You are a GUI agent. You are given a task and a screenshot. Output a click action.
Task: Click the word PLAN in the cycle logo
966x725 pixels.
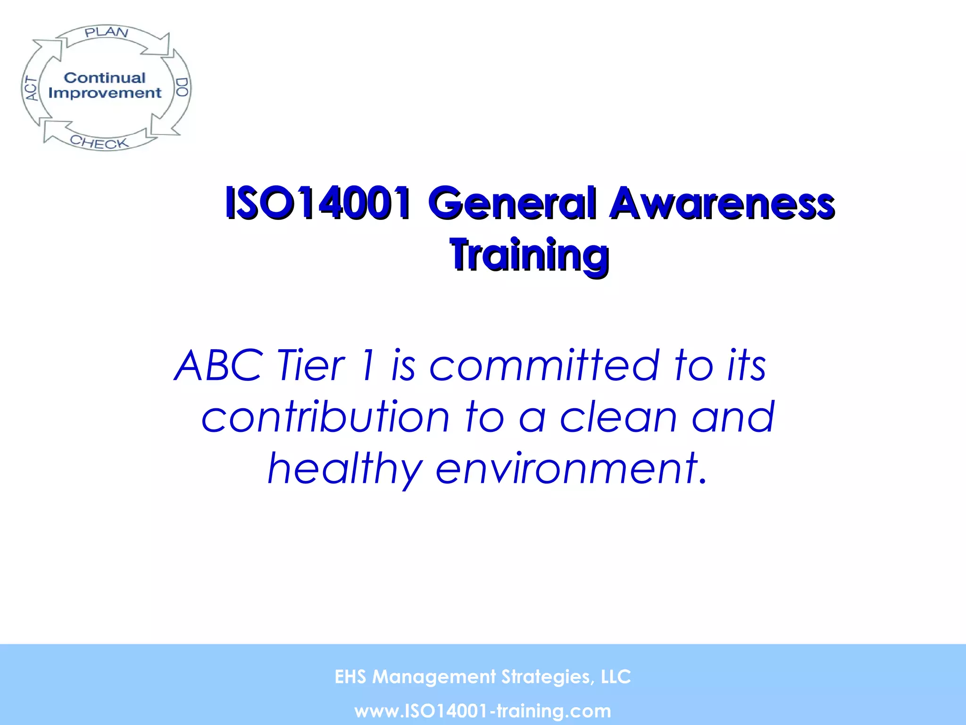(x=107, y=32)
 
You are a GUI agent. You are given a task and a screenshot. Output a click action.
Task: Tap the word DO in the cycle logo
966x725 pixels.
(x=182, y=87)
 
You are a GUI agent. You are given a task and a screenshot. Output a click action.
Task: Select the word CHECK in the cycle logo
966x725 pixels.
(x=99, y=142)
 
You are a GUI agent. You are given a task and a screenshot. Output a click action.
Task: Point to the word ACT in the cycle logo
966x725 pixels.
(x=31, y=89)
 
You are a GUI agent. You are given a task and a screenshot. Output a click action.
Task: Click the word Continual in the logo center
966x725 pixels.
(x=105, y=77)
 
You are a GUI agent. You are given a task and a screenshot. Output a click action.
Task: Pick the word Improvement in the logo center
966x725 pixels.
(x=105, y=93)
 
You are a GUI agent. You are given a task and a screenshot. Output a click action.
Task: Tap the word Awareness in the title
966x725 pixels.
(x=722, y=203)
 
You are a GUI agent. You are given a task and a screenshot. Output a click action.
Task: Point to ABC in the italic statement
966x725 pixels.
(x=219, y=365)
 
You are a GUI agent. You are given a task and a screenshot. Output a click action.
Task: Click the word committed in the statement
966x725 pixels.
(x=543, y=365)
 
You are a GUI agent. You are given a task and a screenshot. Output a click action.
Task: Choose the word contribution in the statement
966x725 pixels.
(x=325, y=417)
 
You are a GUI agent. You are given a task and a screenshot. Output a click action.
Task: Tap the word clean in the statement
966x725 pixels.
(x=618, y=417)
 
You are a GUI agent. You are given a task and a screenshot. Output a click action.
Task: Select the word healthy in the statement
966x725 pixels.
(x=344, y=469)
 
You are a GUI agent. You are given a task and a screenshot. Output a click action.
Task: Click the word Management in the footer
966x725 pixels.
(x=434, y=677)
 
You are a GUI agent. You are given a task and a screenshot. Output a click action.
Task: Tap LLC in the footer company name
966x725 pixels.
(x=616, y=677)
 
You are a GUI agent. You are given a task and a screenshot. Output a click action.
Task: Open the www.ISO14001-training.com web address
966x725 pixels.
(x=483, y=711)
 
